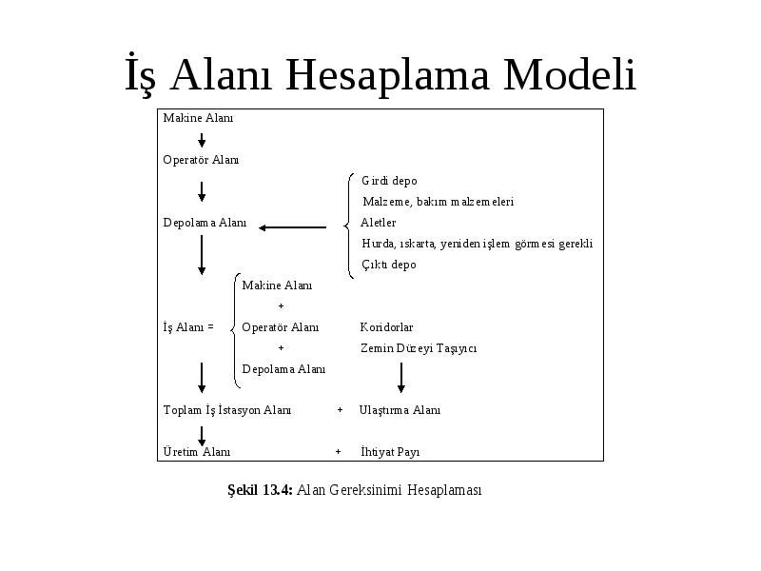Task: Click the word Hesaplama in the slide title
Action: pyautogui.click(x=387, y=75)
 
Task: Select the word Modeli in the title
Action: pyautogui.click(x=570, y=74)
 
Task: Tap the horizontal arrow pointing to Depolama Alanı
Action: pyautogui.click(x=293, y=227)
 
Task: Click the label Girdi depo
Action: pyautogui.click(x=389, y=181)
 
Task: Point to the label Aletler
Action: pyautogui.click(x=378, y=223)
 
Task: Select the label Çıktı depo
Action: pyautogui.click(x=389, y=265)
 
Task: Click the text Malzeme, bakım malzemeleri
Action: pyautogui.click(x=439, y=202)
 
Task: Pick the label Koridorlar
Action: pyautogui.click(x=386, y=327)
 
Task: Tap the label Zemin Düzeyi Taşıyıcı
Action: pyautogui.click(x=419, y=348)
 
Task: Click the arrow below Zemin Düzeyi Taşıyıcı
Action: pyautogui.click(x=400, y=377)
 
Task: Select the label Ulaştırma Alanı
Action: pyautogui.click(x=400, y=410)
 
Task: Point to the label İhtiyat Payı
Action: pyautogui.click(x=390, y=452)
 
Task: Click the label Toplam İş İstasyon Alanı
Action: pyautogui.click(x=227, y=410)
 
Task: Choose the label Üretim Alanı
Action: pyautogui.click(x=197, y=452)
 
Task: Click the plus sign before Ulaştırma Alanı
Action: pyautogui.click(x=340, y=410)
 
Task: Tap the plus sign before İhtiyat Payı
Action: pyautogui.click(x=339, y=452)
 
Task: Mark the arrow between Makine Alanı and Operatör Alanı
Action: pyautogui.click(x=202, y=140)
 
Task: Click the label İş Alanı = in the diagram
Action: pyautogui.click(x=188, y=327)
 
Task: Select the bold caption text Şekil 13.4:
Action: pyautogui.click(x=260, y=490)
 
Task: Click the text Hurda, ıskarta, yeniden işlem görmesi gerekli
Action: pyautogui.click(x=478, y=244)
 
